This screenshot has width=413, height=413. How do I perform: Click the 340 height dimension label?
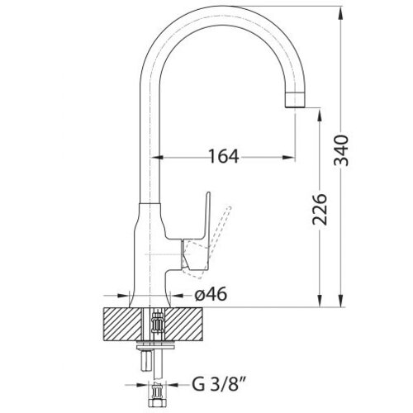341,150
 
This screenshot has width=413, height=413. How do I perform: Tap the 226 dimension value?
320,210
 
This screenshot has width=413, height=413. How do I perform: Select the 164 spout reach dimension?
224,157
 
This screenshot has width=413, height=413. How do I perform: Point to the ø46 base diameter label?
211,294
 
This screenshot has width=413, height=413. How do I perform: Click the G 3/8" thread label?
217,384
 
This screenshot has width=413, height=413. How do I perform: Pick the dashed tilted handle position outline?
208,242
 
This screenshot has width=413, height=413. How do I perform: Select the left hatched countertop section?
123,325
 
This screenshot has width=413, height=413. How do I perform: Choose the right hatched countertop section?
183,325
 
